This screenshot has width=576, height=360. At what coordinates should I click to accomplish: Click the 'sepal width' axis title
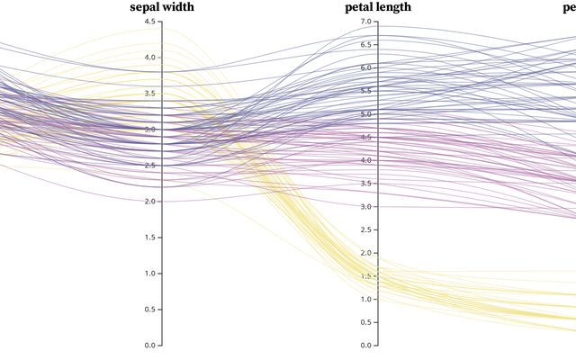161,7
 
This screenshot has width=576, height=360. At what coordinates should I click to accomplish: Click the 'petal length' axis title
378,7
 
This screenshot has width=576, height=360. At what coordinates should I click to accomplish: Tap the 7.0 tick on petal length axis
364,21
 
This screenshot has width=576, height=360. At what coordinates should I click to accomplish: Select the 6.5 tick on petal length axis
364,44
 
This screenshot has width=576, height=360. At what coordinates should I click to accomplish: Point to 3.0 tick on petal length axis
364,206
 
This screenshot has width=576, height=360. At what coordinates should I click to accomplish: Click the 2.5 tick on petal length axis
364,229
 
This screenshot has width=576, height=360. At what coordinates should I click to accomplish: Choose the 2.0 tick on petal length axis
364,253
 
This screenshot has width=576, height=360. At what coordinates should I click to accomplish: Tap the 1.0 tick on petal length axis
364,299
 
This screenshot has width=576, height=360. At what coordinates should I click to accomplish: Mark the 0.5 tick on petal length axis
364,322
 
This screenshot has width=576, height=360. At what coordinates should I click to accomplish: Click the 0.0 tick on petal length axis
364,345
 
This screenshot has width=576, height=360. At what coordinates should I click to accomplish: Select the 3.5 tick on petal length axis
364,183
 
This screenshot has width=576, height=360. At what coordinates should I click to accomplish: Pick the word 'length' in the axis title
392,7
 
